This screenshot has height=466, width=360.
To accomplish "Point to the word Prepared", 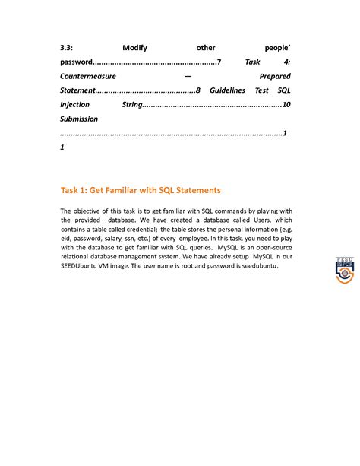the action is pyautogui.click(x=275, y=76).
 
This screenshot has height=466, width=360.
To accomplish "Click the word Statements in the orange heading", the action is pyautogui.click(x=192, y=189).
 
